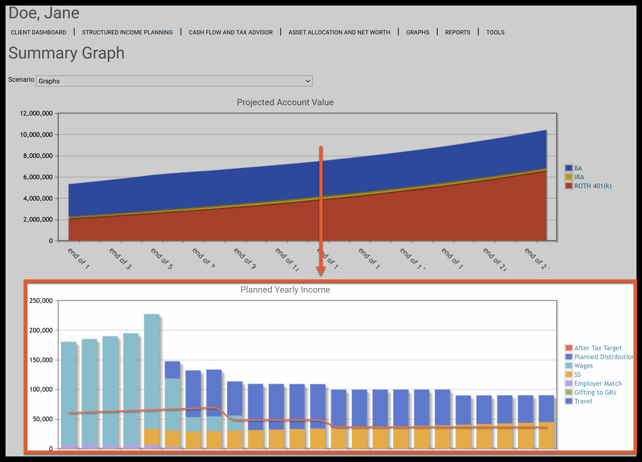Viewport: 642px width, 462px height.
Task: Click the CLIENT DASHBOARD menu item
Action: (x=39, y=33)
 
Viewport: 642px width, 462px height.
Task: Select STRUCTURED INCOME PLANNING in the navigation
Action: (x=127, y=33)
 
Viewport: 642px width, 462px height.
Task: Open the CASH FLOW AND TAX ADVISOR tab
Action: (x=231, y=33)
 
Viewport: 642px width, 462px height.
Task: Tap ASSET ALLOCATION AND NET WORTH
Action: (x=339, y=33)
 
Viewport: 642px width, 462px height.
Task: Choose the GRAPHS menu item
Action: (x=418, y=33)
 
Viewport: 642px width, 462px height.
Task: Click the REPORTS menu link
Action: (x=458, y=33)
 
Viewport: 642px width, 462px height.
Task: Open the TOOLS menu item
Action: (x=495, y=33)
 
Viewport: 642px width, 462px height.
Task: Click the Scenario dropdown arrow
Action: (x=308, y=81)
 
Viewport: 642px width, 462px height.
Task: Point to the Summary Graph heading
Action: (x=66, y=53)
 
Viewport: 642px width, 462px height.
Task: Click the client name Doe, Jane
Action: (x=44, y=13)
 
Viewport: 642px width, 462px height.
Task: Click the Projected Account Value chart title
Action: (x=285, y=102)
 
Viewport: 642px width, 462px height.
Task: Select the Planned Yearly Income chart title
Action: (x=285, y=290)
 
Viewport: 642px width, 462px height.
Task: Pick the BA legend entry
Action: (x=578, y=168)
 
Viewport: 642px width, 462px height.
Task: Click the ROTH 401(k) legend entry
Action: (x=592, y=186)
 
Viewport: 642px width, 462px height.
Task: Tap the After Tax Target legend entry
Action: (x=598, y=348)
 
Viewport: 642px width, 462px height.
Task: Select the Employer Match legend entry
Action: (x=598, y=384)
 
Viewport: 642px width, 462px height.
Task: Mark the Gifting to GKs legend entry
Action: (x=595, y=392)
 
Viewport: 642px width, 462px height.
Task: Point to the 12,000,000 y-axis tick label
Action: (x=36, y=113)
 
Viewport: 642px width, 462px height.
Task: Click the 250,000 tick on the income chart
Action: (x=41, y=301)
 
